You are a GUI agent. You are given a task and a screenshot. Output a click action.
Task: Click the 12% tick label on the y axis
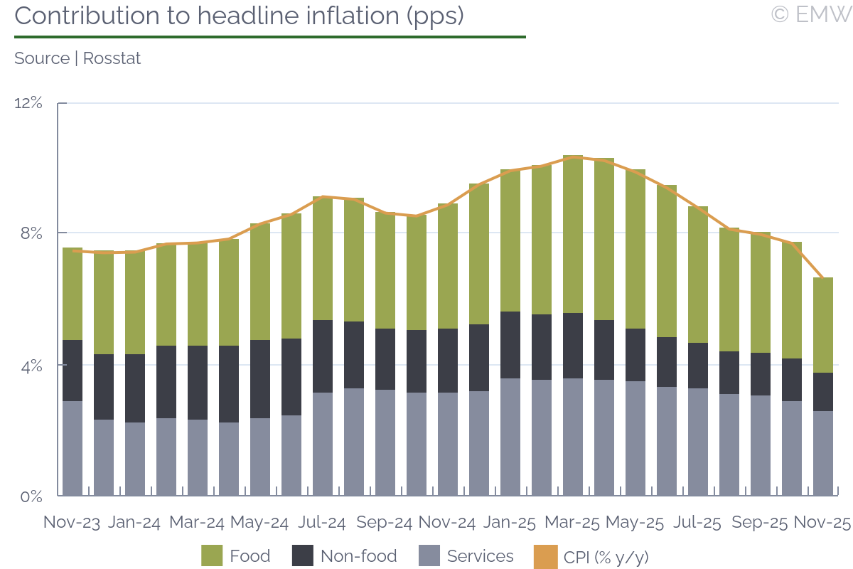[28, 103]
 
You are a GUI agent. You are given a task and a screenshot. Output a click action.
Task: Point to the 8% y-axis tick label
[32, 233]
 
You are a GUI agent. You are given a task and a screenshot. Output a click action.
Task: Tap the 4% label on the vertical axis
[31, 366]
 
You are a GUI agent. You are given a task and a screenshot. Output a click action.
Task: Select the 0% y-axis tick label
[31, 496]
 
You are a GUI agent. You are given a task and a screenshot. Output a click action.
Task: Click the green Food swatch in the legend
[212, 556]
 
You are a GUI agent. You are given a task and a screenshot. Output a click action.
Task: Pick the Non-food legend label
[358, 556]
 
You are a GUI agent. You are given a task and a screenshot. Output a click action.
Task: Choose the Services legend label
[480, 556]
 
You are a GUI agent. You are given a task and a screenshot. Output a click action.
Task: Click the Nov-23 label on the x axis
[72, 522]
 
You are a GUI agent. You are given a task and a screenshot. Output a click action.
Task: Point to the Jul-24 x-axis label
[322, 522]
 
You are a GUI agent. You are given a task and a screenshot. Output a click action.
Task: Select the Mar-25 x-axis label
[572, 522]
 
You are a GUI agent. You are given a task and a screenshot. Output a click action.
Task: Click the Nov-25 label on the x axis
[822, 522]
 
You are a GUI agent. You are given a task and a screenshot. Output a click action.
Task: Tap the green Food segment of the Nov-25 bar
[823, 325]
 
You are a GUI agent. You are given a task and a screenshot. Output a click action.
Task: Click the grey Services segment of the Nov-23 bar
[73, 448]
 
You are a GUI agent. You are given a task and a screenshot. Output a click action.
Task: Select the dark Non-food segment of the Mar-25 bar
[573, 346]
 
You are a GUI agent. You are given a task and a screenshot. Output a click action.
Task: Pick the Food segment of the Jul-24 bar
[323, 258]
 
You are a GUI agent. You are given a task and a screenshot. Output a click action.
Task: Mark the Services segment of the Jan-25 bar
[510, 437]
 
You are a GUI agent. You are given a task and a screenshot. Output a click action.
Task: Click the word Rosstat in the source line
[112, 58]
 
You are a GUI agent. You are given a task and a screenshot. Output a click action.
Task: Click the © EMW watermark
[810, 14]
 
